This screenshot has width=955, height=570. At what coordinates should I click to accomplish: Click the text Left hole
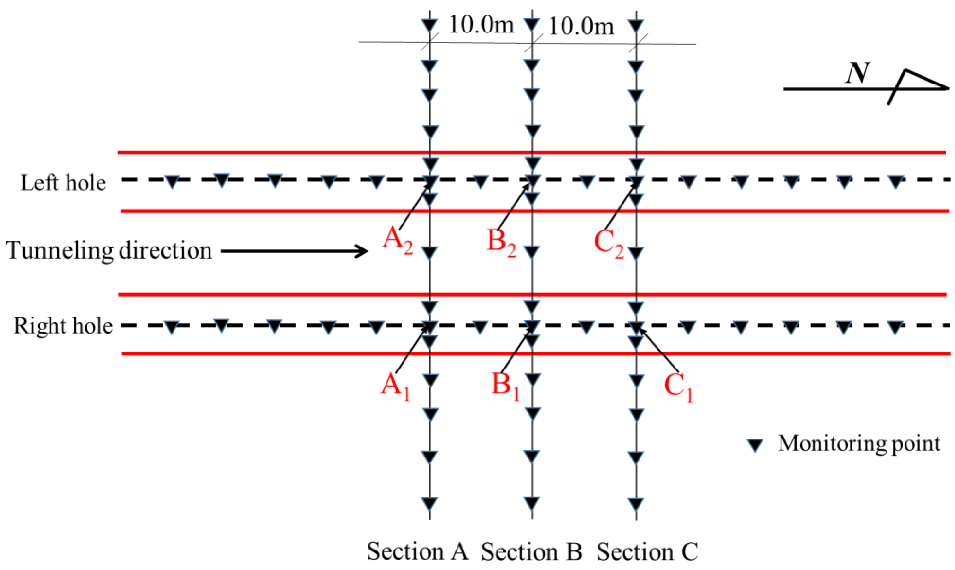pos(63,183)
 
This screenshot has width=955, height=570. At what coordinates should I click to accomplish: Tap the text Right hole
pos(63,326)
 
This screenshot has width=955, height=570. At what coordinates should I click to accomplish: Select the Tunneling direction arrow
pos(294,252)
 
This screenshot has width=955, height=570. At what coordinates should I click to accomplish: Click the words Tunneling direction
pos(109,250)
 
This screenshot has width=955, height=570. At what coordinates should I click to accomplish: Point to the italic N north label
pos(857,73)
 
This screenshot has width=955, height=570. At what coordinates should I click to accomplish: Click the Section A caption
pos(417,552)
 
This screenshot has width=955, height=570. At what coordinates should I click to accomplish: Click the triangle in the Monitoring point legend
pos(755,445)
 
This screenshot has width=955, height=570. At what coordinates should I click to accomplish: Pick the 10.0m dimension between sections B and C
pos(581,27)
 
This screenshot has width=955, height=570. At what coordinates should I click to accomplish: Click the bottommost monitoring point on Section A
pos(430,503)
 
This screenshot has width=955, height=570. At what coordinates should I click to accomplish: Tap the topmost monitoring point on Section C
pos(636,26)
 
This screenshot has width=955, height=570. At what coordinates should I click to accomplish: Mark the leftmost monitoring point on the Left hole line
pos(173,181)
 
